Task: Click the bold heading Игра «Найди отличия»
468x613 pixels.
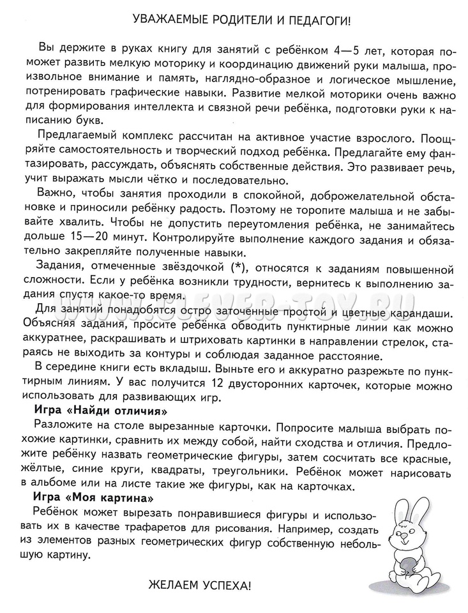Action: pyautogui.click(x=100, y=410)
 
